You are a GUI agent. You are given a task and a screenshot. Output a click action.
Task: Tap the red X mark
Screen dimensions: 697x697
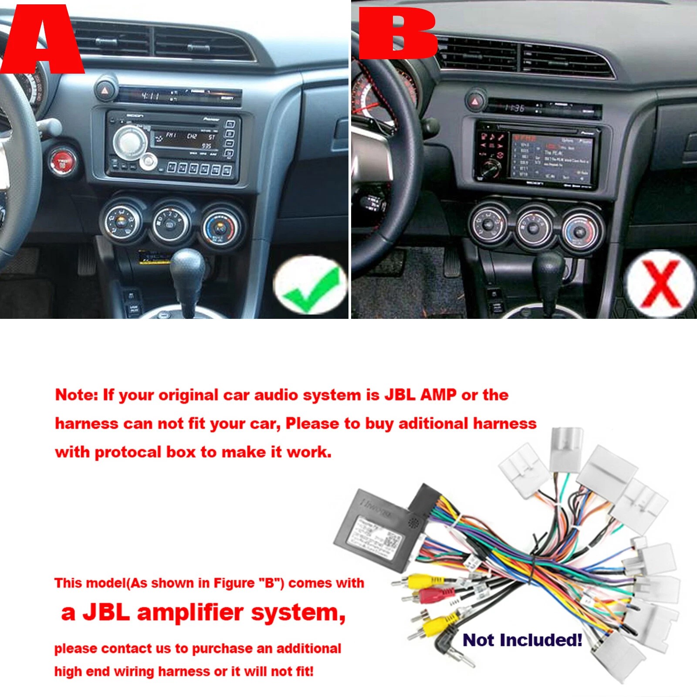click(660, 283)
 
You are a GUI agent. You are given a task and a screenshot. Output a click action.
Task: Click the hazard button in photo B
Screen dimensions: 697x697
click(475, 101)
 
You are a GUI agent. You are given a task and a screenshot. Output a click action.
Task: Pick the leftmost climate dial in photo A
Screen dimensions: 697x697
click(120, 222)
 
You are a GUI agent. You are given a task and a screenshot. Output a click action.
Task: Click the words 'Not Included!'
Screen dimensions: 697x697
click(522, 640)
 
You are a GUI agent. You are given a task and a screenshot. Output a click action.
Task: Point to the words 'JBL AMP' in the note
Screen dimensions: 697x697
click(420, 395)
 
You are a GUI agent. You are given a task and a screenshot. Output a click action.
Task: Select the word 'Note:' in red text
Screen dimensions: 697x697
click(77, 395)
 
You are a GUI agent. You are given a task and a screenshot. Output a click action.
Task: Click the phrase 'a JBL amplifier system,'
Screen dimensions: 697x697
click(203, 612)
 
